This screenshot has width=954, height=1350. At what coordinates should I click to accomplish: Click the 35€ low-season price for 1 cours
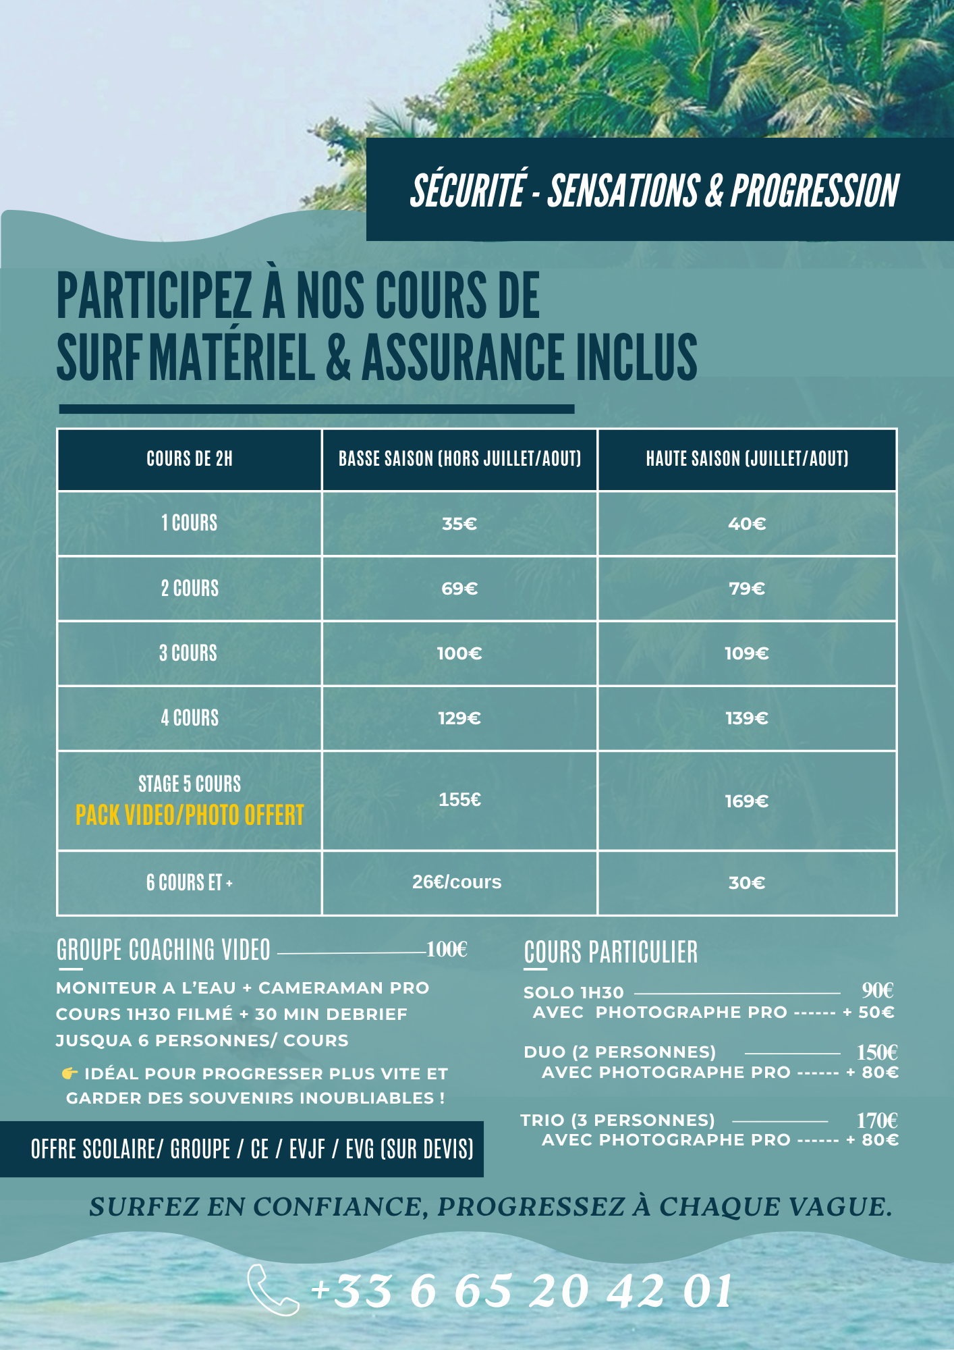coord(459,524)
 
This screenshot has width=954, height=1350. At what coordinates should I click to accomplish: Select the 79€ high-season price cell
coord(747,589)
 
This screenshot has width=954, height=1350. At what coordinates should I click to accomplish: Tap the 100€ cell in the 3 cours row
coord(459,653)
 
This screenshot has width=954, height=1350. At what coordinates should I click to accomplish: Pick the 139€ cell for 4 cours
coord(747,718)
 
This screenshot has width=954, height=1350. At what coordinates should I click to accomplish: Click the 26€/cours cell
coord(457,882)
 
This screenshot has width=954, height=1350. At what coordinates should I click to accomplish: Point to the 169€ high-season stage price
coord(747,801)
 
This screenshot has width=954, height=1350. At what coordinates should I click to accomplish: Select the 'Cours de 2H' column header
coord(190,459)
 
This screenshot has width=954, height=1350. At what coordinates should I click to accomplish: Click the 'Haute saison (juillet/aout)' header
coord(747,459)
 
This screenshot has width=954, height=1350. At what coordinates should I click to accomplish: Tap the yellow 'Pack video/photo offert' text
coord(190,815)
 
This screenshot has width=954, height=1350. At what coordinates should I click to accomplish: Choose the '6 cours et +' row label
coord(190,882)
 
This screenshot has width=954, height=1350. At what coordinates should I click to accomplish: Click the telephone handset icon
coord(272,1290)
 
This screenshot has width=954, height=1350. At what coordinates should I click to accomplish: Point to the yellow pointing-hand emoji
coord(69,1073)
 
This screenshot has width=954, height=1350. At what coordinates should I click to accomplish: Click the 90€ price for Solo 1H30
coord(878,990)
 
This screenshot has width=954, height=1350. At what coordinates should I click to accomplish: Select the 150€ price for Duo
coord(877,1052)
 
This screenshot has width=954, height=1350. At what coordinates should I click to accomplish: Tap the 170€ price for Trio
coord(877,1120)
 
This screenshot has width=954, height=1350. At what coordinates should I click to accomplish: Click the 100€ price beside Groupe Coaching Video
coord(447,950)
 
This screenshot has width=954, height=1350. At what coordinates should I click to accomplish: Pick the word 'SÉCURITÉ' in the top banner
coord(468,190)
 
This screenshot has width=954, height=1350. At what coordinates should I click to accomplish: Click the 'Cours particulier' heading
coord(611,952)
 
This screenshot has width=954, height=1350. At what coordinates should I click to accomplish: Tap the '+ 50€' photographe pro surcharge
coord(869,1013)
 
